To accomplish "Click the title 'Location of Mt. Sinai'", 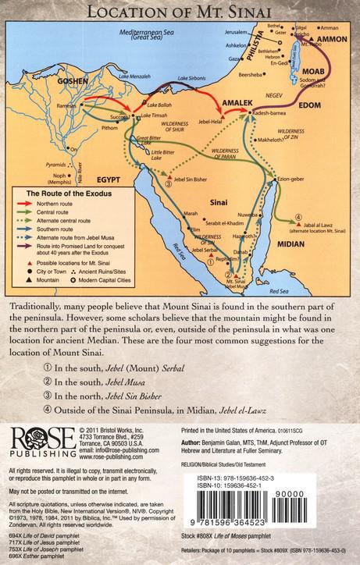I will (x=179, y=12).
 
